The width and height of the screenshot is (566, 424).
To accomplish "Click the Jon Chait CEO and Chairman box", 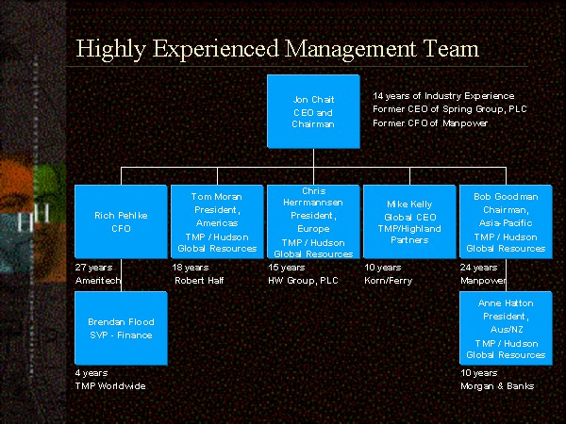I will pyautogui.click(x=312, y=111).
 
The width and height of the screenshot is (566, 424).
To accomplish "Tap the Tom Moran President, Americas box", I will pyautogui.click(x=217, y=221).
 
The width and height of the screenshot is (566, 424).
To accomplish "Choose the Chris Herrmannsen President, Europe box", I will pyautogui.click(x=312, y=221).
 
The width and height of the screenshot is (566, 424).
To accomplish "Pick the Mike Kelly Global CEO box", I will pyautogui.click(x=408, y=221).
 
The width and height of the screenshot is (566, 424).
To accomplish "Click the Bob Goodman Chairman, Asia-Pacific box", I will pyautogui.click(x=506, y=221).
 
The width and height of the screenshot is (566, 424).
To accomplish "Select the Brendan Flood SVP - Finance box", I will pyautogui.click(x=121, y=328).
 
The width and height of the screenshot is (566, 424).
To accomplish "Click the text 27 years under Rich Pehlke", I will pyautogui.click(x=92, y=268).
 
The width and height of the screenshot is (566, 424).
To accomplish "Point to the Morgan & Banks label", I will pyautogui.click(x=496, y=386).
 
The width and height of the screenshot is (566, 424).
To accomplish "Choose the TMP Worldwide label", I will pyautogui.click(x=110, y=386).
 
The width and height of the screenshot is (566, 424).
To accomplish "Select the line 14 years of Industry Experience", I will pyautogui.click(x=443, y=96).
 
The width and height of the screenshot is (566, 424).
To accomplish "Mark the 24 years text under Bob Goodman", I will pyautogui.click(x=478, y=268).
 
